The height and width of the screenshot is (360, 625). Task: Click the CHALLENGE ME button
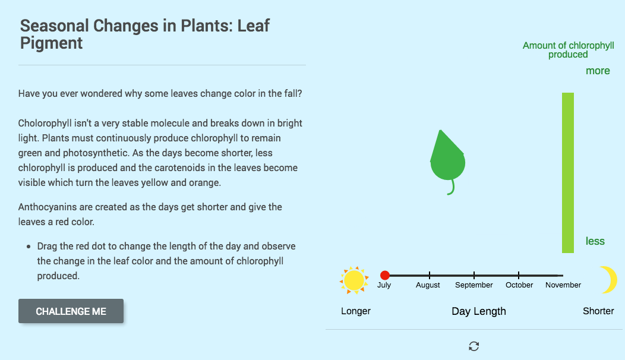[71, 311]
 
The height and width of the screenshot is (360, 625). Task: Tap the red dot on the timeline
[384, 275]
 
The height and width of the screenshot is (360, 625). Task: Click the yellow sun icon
[354, 280]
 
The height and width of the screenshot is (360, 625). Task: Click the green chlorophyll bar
[568, 172]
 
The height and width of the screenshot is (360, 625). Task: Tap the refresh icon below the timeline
[474, 346]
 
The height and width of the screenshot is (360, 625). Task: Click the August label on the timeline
[428, 285]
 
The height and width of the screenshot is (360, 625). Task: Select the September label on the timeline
[474, 285]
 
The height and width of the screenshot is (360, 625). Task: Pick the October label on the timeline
[519, 285]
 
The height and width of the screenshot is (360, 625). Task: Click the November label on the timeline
[563, 285]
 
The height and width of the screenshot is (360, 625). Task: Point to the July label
[384, 285]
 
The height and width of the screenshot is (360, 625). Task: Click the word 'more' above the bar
[598, 71]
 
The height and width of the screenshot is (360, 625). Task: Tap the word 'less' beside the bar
[595, 241]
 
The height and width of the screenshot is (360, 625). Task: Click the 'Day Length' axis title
[479, 311]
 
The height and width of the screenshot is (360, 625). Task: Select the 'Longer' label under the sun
[356, 311]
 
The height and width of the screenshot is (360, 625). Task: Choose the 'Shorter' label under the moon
[598, 311]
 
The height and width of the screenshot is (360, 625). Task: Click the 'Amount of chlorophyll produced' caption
[568, 50]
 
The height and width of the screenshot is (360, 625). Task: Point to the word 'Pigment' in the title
[52, 43]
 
